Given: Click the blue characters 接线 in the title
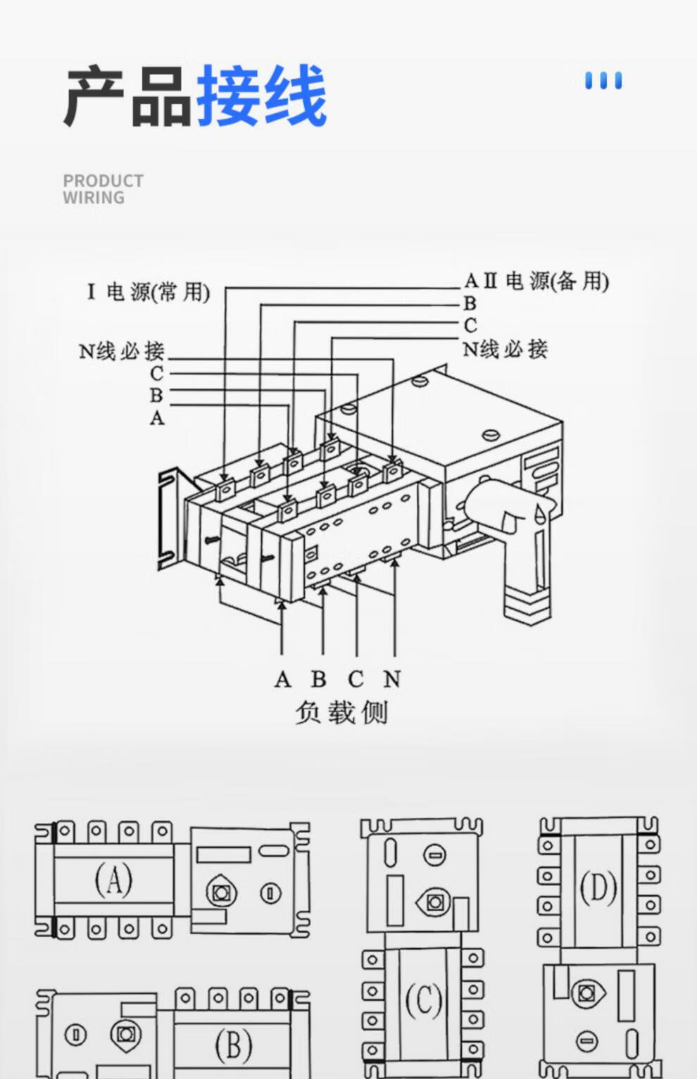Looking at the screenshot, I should click(261, 96).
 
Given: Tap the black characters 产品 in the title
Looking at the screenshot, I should click(127, 96).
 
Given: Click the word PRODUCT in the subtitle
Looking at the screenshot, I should click(103, 181).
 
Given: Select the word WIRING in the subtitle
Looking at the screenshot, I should click(94, 198).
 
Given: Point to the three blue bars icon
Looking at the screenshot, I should click(603, 81).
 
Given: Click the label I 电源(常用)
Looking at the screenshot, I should click(149, 291).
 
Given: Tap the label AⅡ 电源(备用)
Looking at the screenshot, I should click(536, 282).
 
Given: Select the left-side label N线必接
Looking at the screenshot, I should click(121, 351).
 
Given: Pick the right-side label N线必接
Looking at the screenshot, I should click(505, 348).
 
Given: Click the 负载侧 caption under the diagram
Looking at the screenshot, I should click(341, 712).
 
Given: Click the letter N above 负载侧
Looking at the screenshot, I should click(392, 679).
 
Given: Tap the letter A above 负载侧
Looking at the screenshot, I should click(282, 679).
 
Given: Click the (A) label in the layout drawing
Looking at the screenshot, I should click(113, 880).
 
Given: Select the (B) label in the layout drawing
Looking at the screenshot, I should click(233, 1045).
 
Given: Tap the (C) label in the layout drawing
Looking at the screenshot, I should click(423, 999).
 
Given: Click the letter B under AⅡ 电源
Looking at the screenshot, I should click(470, 303).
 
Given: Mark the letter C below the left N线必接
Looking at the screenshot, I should click(156, 374).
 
